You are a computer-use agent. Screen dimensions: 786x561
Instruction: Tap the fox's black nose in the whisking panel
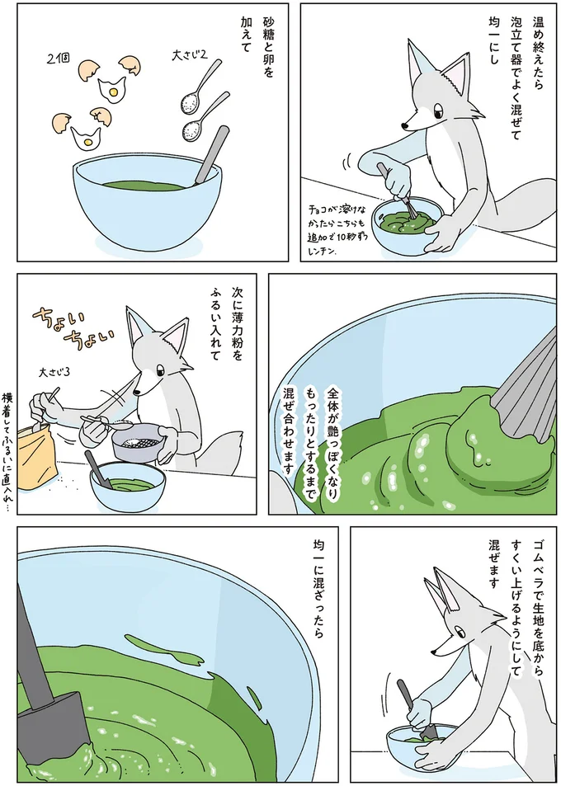pyautogui.click(x=404, y=127)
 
